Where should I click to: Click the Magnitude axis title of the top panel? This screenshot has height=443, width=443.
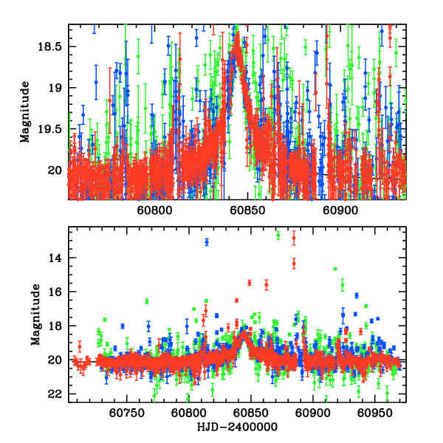(x=26, y=111)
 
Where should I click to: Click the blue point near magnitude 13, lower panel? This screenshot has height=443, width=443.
(x=207, y=241)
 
